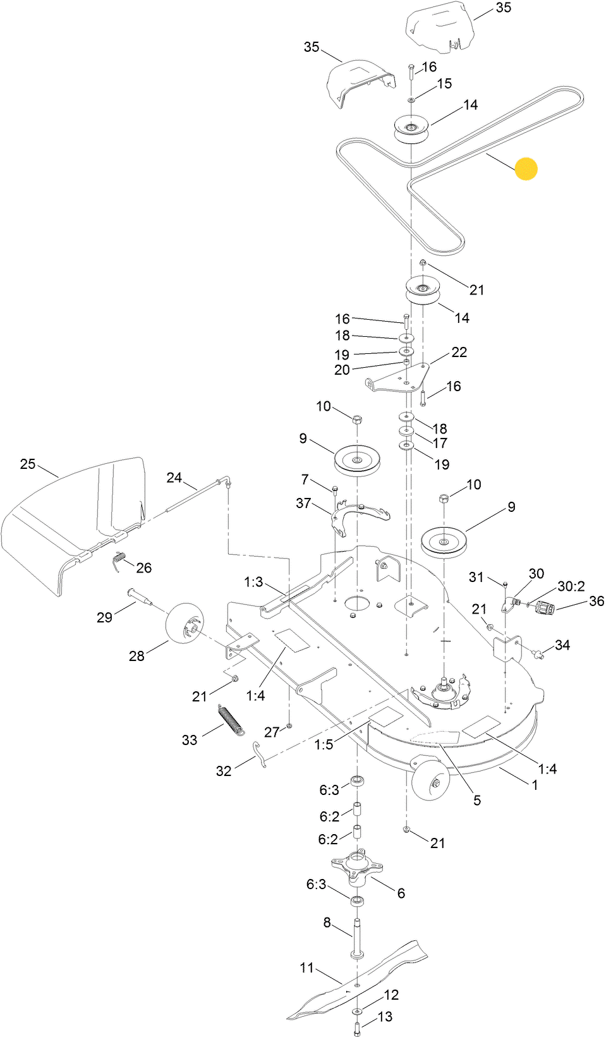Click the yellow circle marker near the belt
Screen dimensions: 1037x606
(526, 169)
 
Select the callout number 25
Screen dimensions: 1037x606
(28, 464)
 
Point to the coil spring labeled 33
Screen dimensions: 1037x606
(231, 720)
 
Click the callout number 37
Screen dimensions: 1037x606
(303, 503)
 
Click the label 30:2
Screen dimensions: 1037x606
(571, 586)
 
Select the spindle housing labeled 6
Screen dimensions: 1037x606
(357, 867)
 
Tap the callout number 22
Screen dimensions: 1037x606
(459, 352)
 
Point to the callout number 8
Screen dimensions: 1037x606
(327, 923)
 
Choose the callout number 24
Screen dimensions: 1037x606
(174, 478)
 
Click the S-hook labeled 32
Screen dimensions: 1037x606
(260, 754)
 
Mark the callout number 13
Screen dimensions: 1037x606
(385, 1016)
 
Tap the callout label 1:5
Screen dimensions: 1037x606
(324, 744)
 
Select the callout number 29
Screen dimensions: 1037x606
(105, 617)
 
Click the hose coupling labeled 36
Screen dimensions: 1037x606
(545, 608)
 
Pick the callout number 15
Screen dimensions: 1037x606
(444, 83)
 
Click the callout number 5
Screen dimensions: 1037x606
(477, 800)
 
